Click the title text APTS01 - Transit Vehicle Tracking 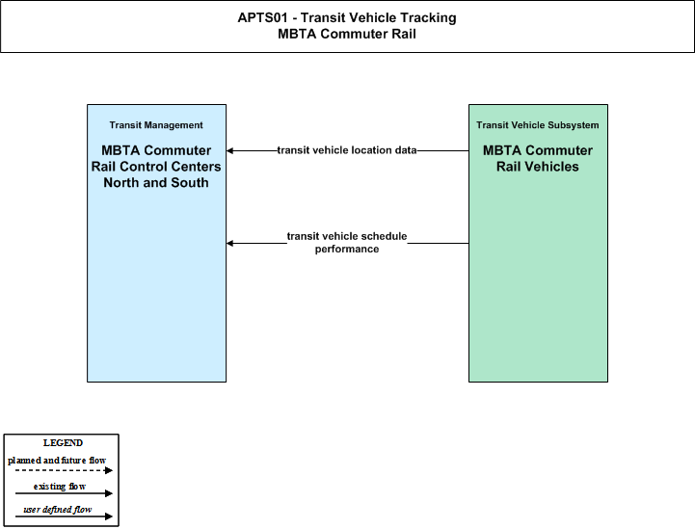(347, 17)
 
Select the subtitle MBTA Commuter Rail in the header (347, 34)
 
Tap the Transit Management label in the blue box (156, 125)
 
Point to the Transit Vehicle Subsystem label (538, 125)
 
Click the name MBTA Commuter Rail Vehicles (538, 159)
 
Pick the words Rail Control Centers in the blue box (156, 167)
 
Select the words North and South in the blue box (156, 182)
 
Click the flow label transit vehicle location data (347, 150)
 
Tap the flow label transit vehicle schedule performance (347, 243)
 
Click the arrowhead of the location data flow (229, 150)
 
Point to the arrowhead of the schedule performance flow (229, 243)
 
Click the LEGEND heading (63, 443)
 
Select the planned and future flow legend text (57, 461)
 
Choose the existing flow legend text (60, 487)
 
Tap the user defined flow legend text (58, 510)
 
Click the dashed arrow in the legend (64, 470)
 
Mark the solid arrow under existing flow (64, 493)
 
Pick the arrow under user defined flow (64, 516)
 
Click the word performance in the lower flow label (347, 250)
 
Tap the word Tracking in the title (428, 17)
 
